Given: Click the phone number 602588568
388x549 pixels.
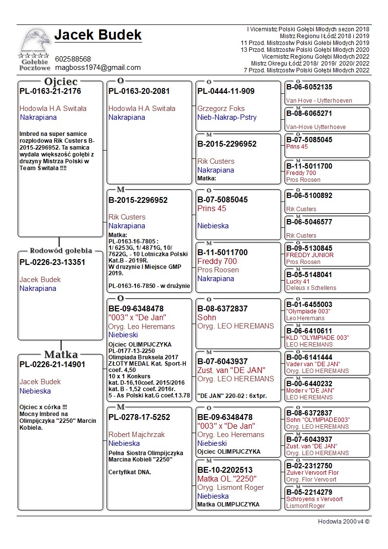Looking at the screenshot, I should (x=73, y=59).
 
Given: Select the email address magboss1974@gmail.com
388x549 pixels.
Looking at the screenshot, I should (x=98, y=67).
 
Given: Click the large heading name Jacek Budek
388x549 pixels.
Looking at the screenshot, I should (x=98, y=35).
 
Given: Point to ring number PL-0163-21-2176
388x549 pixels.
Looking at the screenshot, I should (x=50, y=91).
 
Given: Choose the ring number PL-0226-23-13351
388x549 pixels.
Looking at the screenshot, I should (x=52, y=262).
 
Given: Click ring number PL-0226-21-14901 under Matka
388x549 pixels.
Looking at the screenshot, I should (x=52, y=364).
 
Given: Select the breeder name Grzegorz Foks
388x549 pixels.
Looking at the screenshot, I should (x=221, y=109).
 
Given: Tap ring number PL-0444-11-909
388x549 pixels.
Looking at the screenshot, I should (x=226, y=91).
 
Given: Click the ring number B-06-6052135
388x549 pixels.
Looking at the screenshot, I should (x=309, y=87).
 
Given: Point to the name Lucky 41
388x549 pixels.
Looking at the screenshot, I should (x=298, y=282).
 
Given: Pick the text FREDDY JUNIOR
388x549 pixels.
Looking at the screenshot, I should (x=310, y=255).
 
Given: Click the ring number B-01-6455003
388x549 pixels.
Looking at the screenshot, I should (x=309, y=305).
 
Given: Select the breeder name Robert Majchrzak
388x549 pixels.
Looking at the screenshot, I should (x=137, y=435).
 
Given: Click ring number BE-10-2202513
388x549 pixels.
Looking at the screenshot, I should (x=225, y=470).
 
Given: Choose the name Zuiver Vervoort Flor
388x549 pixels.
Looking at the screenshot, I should (x=312, y=473).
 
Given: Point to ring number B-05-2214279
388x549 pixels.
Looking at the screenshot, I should (x=309, y=492).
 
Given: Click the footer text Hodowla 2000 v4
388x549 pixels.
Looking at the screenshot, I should (x=344, y=522).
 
